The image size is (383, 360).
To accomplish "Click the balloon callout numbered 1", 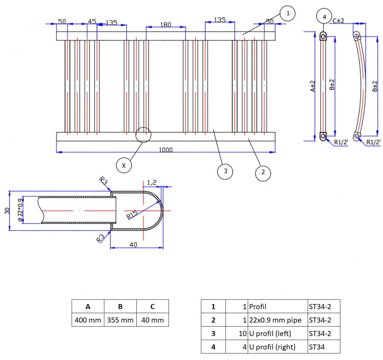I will click(x=288, y=14).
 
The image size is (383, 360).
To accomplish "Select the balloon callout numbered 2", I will click(x=263, y=172).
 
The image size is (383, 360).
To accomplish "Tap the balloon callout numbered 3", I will click(x=225, y=171).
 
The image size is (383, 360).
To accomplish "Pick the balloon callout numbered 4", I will click(x=324, y=17).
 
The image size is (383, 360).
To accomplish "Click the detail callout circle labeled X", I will click(x=124, y=165).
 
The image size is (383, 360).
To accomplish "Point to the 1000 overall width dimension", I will click(x=166, y=150).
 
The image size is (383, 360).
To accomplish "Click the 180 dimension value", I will click(x=166, y=25).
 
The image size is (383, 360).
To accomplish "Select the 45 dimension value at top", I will click(x=92, y=22).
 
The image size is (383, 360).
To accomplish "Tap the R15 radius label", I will click(x=132, y=215).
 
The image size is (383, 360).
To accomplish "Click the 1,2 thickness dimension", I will click(x=152, y=182).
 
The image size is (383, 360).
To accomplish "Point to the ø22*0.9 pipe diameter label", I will click(x=20, y=210).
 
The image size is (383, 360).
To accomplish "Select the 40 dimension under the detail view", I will click(x=133, y=245).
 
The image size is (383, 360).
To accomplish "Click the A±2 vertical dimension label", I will click(x=312, y=87).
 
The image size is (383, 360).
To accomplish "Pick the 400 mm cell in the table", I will click(x=88, y=320).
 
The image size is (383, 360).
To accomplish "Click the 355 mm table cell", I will click(x=120, y=320).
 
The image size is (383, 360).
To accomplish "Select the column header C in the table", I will click(x=153, y=306).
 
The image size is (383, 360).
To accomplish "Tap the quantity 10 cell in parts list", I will click(x=237, y=333).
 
